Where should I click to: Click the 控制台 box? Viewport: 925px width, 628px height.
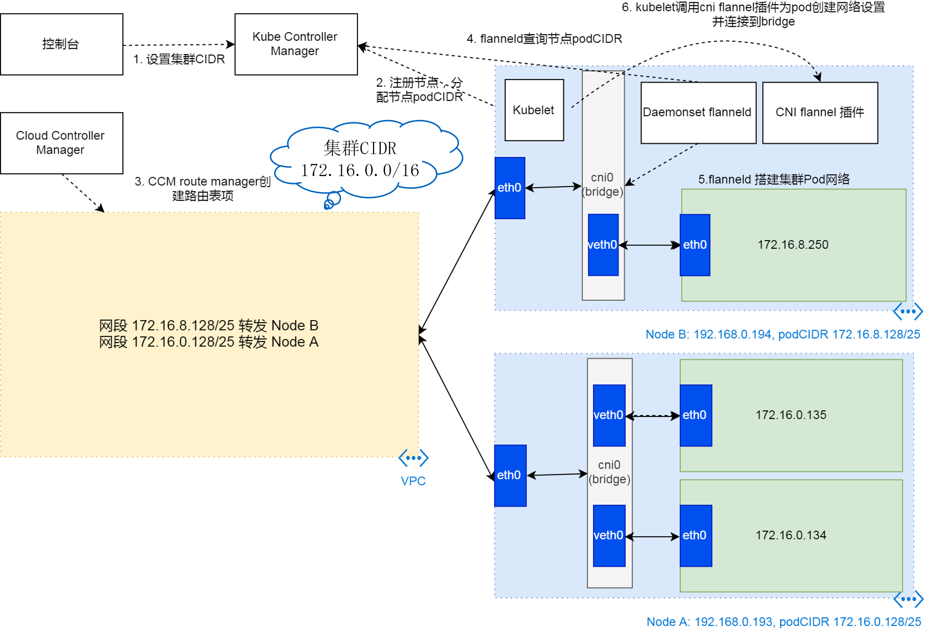tap(62, 44)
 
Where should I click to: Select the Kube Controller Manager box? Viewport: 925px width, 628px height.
tap(296, 44)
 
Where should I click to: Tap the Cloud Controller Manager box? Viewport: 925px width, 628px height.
tap(62, 143)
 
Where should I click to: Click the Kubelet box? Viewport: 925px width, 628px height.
tap(534, 110)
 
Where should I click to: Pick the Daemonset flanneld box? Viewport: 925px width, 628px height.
tap(698, 113)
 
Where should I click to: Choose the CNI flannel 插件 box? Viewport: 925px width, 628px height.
tap(820, 113)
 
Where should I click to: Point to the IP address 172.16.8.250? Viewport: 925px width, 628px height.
tap(793, 245)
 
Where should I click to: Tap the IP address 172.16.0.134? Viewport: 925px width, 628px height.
tap(791, 535)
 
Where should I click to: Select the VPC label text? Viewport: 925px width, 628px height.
tap(413, 481)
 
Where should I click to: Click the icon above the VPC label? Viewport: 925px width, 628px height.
tap(413, 458)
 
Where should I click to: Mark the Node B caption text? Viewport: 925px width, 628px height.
tap(782, 334)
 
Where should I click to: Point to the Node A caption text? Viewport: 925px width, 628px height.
tap(783, 622)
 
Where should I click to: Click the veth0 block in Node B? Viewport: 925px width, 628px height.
tap(603, 245)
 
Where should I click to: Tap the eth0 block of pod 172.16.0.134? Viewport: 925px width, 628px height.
tap(696, 536)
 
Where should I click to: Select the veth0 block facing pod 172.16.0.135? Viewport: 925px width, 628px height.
tap(609, 415)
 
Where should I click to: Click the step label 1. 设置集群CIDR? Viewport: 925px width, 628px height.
tap(179, 59)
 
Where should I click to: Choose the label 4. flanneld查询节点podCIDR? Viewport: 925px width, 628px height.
tap(544, 39)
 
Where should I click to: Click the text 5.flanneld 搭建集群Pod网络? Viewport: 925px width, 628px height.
tap(774, 179)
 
